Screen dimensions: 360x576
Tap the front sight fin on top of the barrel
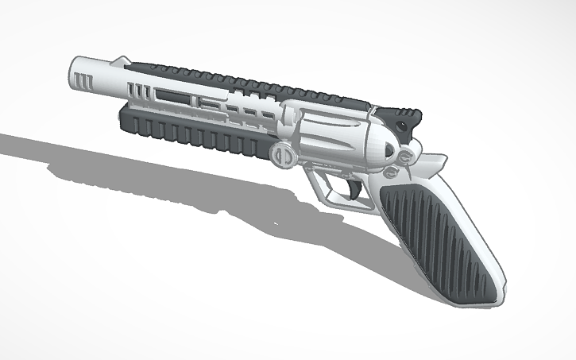(x=121, y=60)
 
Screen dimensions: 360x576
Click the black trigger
(x=350, y=188)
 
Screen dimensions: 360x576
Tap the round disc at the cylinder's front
(x=281, y=153)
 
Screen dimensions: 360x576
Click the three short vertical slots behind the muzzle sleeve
(x=138, y=90)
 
